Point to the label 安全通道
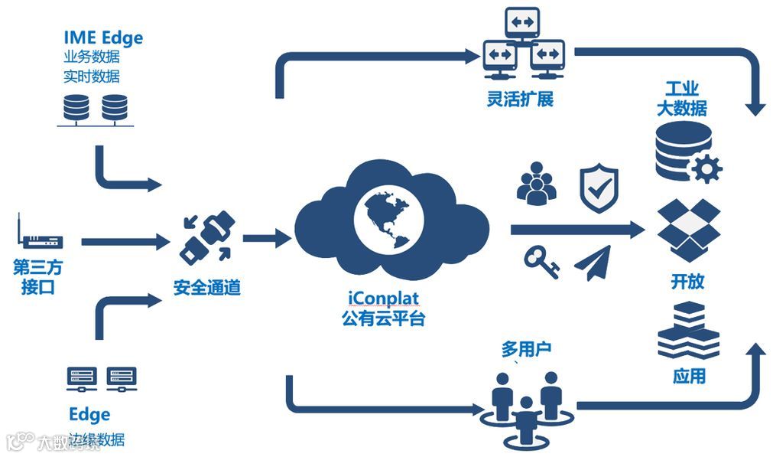coord(206,289)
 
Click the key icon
coord(541,262)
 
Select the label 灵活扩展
coord(519,99)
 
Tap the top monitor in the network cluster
coord(522,24)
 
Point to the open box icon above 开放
coord(690,230)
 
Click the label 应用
coord(688,376)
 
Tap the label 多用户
coord(526,350)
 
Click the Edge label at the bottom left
coord(89,414)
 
